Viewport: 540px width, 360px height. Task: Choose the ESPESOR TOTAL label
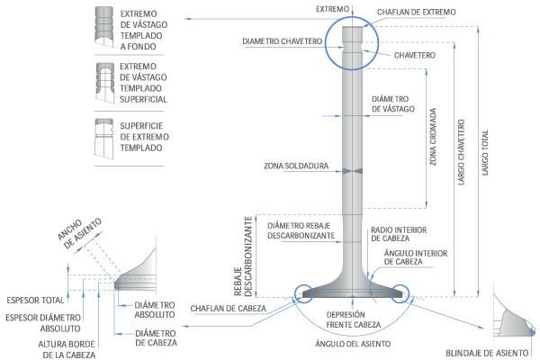coord(34,299)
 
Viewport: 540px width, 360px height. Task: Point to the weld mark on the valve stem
coord(349,168)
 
